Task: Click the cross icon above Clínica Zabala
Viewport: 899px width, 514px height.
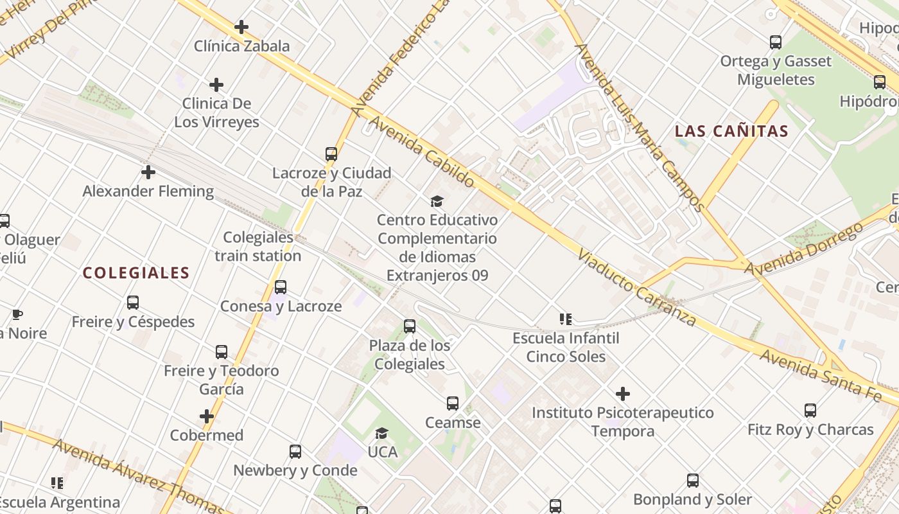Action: coord(241,27)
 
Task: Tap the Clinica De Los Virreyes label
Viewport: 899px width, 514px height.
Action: coord(217,112)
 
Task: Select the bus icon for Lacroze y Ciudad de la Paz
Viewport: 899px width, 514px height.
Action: coord(331,154)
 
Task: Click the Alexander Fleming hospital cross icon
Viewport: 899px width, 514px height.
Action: coord(148,172)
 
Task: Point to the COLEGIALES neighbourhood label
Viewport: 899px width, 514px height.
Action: coord(136,273)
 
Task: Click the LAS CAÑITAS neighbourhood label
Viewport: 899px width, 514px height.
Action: coord(731,132)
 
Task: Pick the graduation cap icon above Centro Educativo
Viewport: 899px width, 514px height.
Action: coord(437,202)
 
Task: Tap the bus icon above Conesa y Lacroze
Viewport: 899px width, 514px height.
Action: coord(281,287)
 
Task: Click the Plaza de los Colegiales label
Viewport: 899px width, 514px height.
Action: coord(410,355)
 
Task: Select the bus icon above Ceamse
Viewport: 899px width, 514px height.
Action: coord(453,403)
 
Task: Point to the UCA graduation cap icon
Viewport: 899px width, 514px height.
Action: coord(382,433)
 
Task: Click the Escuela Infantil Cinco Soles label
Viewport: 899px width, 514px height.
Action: coord(566,347)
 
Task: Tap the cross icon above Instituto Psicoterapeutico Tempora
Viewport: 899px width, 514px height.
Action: coord(622,394)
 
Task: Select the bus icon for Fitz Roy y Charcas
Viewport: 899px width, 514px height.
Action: coord(810,410)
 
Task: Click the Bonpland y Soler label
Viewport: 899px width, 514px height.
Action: coord(692,499)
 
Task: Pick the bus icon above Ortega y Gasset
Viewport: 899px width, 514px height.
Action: coord(776,42)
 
